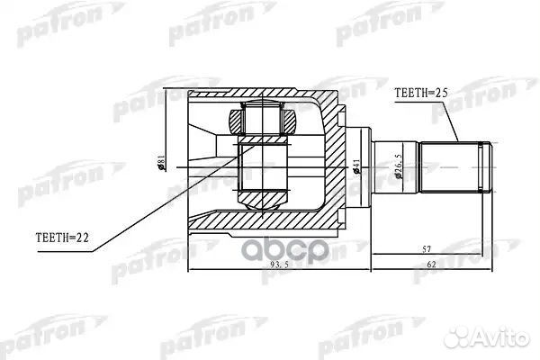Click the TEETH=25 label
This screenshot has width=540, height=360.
coord(419,93)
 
